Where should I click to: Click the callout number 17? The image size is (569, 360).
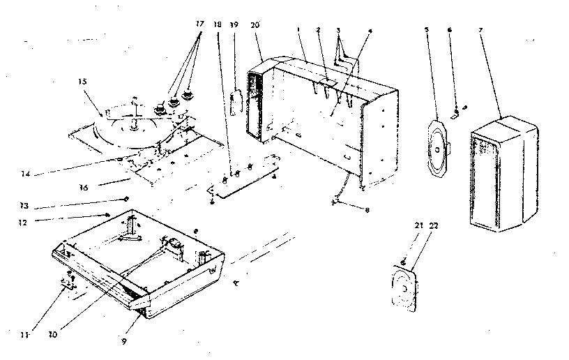[x=200, y=23]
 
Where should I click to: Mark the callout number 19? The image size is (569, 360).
[x=234, y=25]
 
